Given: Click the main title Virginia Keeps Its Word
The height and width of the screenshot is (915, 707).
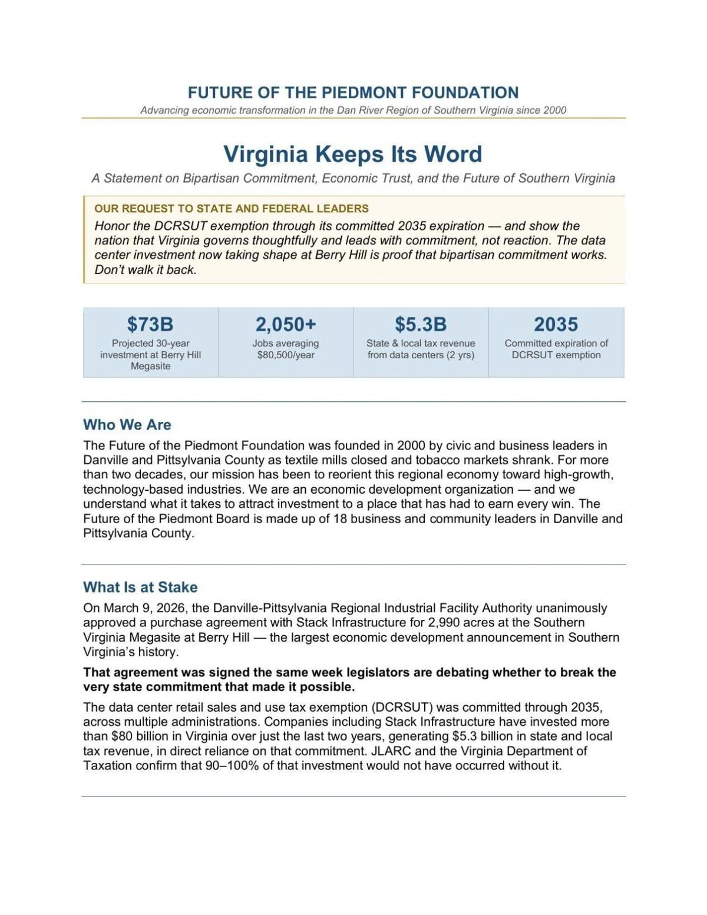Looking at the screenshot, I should pos(352,154).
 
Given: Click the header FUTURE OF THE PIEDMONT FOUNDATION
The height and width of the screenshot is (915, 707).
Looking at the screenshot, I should pos(353,93).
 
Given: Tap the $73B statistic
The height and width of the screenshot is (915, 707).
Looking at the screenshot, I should pos(150,324).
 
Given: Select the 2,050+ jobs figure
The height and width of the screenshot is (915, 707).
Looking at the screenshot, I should pos(286,324).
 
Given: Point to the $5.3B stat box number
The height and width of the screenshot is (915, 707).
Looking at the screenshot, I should pos(421,324).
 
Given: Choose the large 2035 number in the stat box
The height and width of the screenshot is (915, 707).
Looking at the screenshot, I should pos(556,324).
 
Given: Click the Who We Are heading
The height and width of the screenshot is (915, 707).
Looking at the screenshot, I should pos(127,425).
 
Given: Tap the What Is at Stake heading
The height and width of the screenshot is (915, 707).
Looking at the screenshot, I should pos(140,587).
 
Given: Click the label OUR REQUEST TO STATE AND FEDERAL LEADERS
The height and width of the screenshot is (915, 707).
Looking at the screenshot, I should pos(232,209).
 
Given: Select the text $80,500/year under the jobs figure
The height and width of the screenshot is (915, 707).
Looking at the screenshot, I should pos(286,355).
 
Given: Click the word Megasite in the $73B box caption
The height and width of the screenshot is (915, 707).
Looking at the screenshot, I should pos(151,366).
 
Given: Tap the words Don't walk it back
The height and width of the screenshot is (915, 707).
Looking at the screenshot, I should pos(146,270).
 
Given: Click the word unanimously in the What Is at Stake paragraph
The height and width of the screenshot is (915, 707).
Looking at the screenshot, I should pos(571,608).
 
